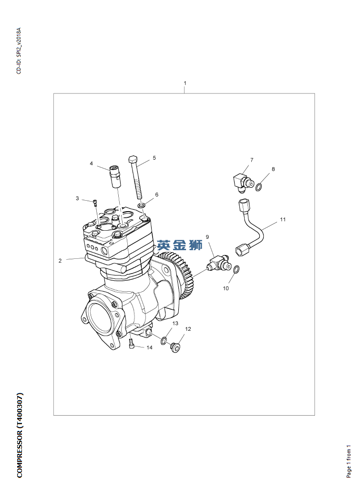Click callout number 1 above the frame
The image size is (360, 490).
click(x=185, y=83)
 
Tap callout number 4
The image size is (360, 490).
click(x=91, y=163)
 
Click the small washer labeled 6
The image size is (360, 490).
click(x=141, y=206)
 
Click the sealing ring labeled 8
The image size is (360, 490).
click(x=259, y=187)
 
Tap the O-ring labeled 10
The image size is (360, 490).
click(x=237, y=269)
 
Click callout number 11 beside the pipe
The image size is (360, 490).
click(x=283, y=219)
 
